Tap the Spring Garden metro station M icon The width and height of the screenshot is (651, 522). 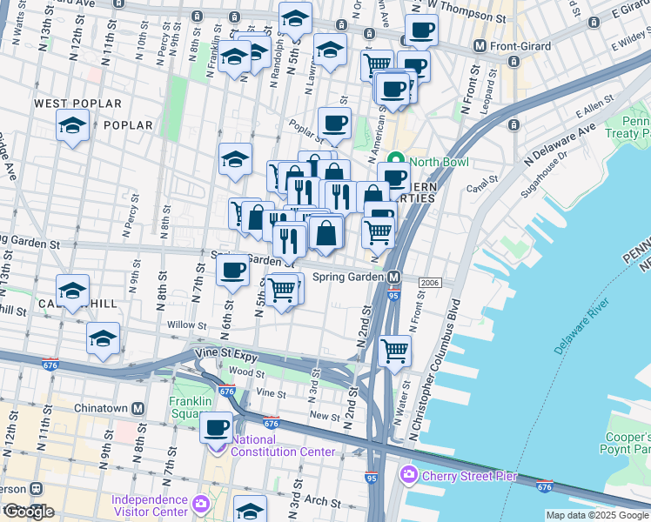click(x=394, y=278)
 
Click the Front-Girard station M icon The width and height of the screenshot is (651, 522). click(x=479, y=45)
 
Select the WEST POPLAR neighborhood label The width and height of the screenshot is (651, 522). click(x=77, y=104)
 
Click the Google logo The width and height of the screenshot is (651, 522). click(x=28, y=512)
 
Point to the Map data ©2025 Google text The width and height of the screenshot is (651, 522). click(x=598, y=515)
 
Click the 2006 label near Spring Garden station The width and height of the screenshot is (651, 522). click(x=430, y=283)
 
